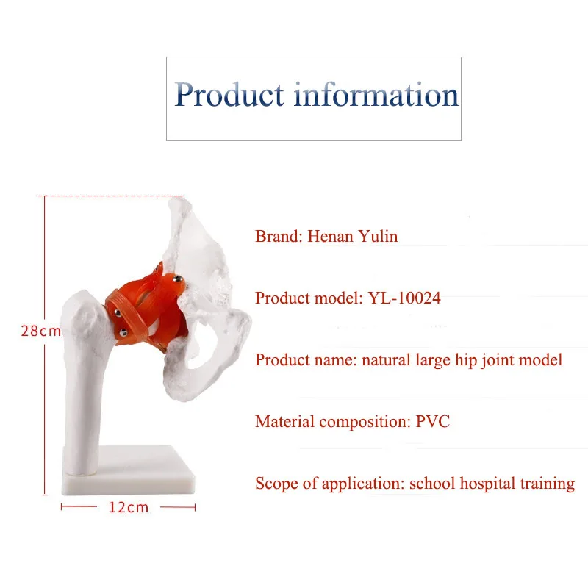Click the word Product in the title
(229, 96)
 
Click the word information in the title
(376, 96)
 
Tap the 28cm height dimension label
(40, 331)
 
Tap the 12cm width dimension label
(129, 507)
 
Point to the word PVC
(434, 422)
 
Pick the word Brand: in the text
(279, 237)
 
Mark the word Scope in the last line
(274, 484)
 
